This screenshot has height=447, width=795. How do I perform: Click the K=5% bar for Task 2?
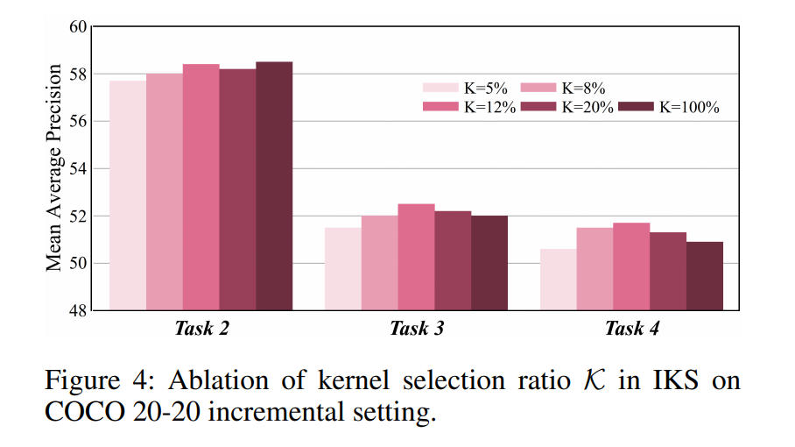128,195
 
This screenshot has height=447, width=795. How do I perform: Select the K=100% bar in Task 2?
274,186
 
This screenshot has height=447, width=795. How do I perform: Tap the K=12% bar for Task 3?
416,257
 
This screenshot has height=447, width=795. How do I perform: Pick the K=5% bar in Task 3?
343,269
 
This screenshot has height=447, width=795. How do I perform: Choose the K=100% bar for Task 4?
705,276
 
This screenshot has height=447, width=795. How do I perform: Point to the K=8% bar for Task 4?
594,269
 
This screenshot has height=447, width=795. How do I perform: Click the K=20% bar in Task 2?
238,190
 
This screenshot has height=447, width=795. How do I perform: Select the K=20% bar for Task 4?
668,272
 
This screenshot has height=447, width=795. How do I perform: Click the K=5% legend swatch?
440,88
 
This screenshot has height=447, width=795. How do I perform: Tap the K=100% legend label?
690,107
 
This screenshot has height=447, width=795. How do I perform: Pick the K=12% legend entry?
469,107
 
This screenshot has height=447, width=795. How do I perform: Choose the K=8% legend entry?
563,89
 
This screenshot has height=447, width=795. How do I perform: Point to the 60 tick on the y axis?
78,26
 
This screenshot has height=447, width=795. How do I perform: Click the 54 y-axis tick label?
78,169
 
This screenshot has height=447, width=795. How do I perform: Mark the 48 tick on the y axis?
78,310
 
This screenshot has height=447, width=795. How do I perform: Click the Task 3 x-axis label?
417,329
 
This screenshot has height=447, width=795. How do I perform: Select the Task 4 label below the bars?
632,329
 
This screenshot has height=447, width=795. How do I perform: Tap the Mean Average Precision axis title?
53,167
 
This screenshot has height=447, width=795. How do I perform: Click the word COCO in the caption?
85,411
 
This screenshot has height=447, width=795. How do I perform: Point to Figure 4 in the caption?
100,380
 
